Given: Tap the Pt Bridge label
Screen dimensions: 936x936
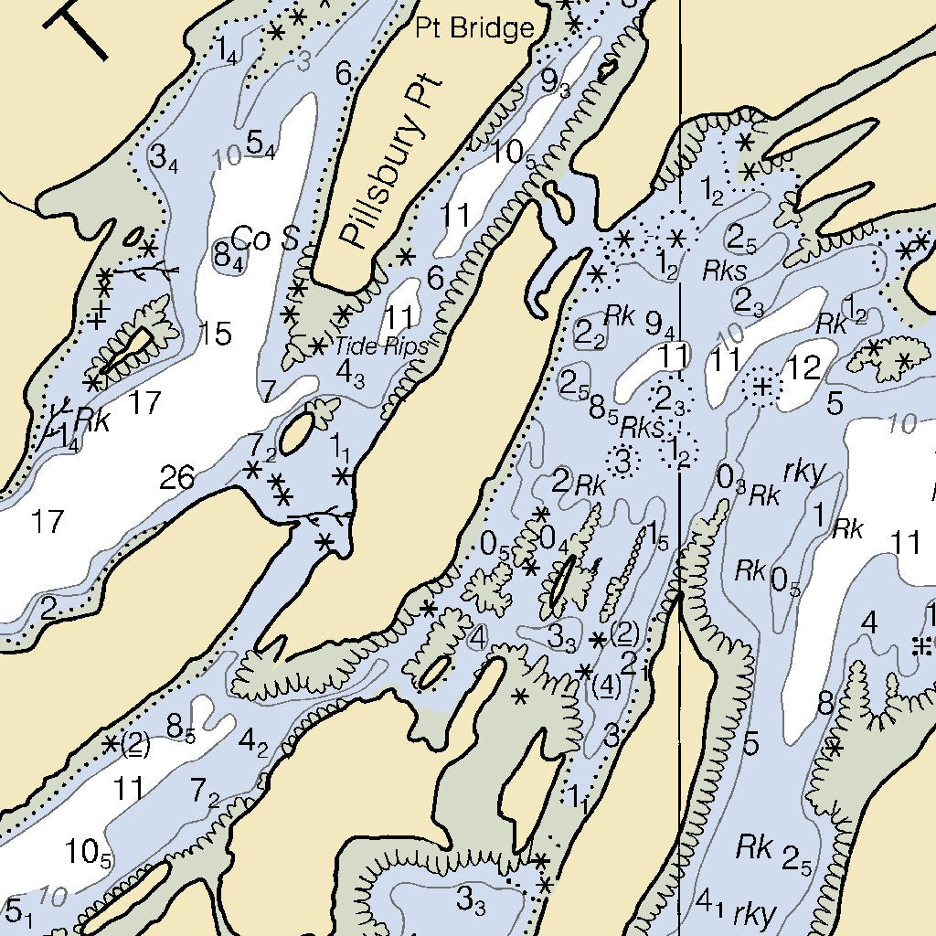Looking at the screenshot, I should click(x=474, y=28).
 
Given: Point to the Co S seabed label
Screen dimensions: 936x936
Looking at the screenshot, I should click(x=265, y=239).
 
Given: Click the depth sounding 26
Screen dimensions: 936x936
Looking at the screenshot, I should click(x=176, y=476).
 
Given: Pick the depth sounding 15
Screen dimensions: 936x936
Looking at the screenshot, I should click(x=215, y=334).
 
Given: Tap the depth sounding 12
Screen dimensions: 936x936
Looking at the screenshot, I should click(x=804, y=368).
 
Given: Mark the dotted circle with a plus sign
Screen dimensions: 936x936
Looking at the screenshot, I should click(x=761, y=387).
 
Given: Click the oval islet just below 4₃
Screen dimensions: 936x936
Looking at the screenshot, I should click(x=295, y=433).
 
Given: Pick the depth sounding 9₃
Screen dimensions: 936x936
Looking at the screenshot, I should click(x=555, y=82).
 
